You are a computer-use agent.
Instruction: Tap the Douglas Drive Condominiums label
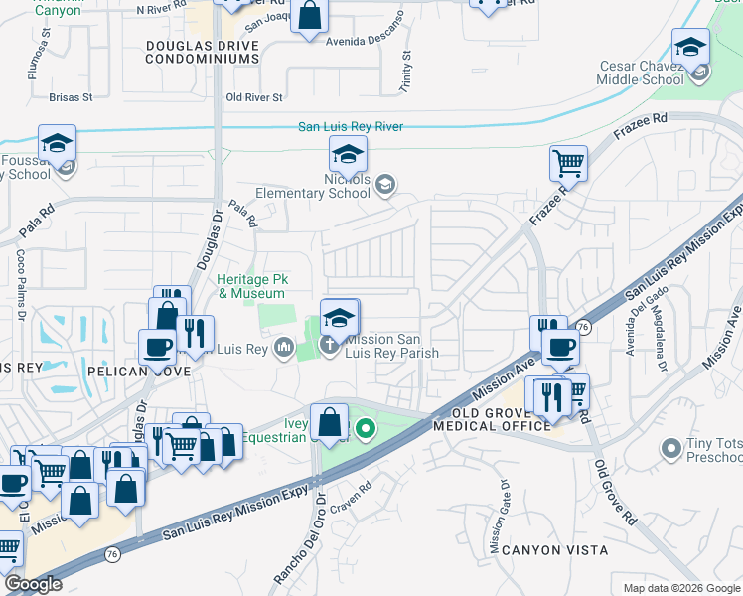(202, 53)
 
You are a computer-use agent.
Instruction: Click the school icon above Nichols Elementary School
(348, 155)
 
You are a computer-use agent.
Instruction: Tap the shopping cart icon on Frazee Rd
(568, 162)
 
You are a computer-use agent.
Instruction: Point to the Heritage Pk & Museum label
(251, 287)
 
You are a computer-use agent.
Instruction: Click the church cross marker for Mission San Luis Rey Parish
(329, 346)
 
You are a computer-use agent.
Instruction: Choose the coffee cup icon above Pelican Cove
(156, 347)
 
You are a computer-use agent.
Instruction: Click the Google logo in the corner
(33, 584)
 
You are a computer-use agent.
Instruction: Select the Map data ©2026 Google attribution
(680, 588)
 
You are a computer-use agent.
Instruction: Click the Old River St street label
(254, 97)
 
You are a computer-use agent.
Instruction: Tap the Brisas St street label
(71, 97)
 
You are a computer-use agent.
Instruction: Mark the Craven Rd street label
(353, 488)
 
